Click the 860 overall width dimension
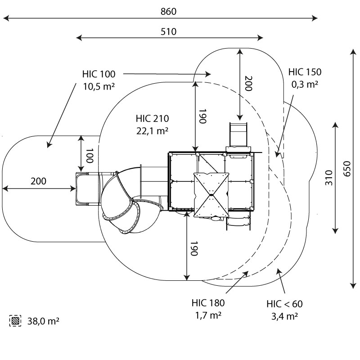(x=168, y=11)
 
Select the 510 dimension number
(x=168, y=31)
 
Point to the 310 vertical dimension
(x=329, y=178)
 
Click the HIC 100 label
(x=99, y=74)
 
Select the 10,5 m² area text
(x=99, y=86)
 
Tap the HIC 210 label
(x=152, y=119)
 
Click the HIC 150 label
(x=305, y=72)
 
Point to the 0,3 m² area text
(x=305, y=84)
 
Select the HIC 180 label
(x=208, y=303)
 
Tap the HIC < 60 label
(x=284, y=304)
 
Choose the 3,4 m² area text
(x=284, y=316)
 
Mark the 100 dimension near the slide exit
(x=90, y=155)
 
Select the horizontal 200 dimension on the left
(x=39, y=181)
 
